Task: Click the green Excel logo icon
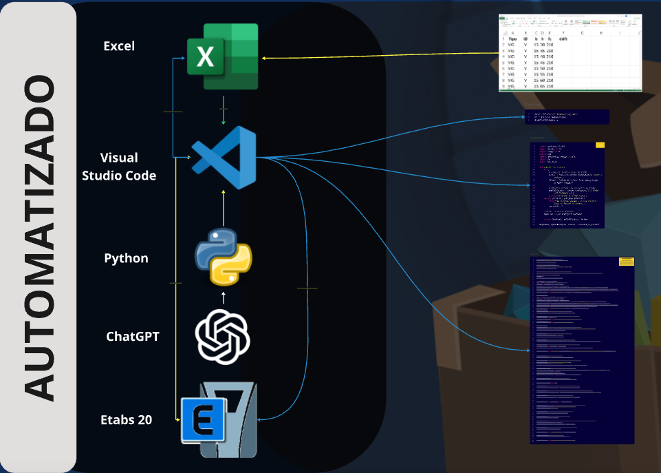222,56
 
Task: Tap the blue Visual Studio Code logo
224,158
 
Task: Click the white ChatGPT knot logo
223,337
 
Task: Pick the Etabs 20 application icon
219,420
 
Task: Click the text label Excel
119,46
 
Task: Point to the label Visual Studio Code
119,167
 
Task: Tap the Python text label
126,258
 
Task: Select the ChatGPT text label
133,337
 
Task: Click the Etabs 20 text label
126,419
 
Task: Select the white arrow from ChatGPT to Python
223,297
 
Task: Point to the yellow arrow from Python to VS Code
224,208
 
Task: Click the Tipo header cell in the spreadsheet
512,40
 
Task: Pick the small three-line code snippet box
566,116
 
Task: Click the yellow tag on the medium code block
599,145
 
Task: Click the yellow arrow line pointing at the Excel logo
378,58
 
